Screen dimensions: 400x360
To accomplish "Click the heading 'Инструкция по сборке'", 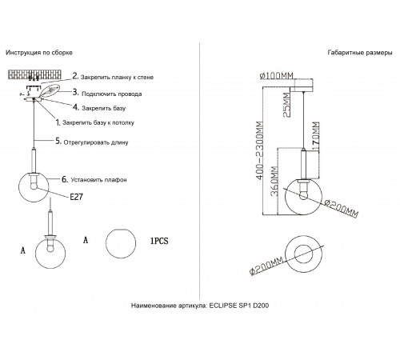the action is (39, 53).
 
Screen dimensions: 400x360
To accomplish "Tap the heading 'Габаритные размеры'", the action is (360, 53).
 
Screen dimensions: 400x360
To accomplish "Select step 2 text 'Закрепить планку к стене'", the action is (117, 78).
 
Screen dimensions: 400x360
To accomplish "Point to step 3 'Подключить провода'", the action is (112, 94).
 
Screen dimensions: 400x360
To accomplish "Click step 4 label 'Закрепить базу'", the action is (104, 108).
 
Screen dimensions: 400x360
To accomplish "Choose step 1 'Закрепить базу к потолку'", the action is (98, 122).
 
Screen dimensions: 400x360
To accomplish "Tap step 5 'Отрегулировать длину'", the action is (96, 142).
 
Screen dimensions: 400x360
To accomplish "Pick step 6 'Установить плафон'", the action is (98, 180).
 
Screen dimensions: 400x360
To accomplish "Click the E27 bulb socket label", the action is (76, 197).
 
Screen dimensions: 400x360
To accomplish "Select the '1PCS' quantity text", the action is (159, 241).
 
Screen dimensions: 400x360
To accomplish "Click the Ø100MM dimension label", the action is (277, 76).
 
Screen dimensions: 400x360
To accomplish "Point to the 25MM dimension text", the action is (286, 105).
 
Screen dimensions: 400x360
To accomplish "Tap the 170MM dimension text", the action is (316, 137).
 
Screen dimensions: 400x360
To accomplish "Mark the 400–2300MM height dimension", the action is (260, 150).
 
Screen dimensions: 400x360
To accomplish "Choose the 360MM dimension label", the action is (274, 182).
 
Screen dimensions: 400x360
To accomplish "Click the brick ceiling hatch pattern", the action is (35, 74).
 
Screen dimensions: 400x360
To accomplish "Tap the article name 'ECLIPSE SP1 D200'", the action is (239, 306).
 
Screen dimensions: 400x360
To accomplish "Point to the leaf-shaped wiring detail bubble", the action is (50, 90).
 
